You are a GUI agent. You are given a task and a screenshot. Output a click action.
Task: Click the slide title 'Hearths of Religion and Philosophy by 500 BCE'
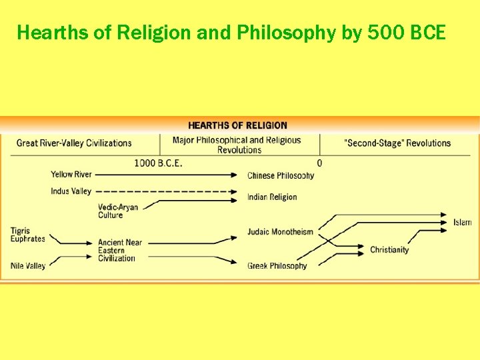click(231, 32)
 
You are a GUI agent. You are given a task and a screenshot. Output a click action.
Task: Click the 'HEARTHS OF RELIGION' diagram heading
click(237, 125)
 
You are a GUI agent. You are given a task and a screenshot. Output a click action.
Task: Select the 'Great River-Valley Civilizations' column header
click(74, 143)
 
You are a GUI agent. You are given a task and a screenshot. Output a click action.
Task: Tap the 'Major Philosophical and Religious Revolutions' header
click(237, 145)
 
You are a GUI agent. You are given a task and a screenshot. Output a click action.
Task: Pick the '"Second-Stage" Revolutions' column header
click(397, 143)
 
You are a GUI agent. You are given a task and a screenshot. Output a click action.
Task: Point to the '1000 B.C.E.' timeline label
click(158, 163)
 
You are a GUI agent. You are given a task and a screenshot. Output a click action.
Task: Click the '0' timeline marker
click(319, 163)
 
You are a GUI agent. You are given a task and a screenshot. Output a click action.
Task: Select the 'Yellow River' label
click(71, 175)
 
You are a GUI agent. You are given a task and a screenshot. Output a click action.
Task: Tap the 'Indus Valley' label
click(71, 191)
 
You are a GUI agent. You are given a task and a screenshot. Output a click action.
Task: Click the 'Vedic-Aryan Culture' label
click(118, 211)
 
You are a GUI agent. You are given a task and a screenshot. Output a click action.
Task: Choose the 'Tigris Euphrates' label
click(28, 235)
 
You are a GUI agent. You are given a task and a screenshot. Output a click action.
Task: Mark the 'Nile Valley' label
click(28, 266)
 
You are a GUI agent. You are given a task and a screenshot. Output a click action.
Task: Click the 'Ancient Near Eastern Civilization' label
click(120, 251)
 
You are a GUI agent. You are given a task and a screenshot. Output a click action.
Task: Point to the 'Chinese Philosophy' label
click(281, 176)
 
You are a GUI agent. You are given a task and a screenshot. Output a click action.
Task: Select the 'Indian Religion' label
click(272, 197)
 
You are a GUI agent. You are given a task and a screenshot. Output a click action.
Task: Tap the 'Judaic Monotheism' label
click(280, 232)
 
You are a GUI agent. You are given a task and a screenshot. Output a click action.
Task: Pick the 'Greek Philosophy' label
click(277, 266)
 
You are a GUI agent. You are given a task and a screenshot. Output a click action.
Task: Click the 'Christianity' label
click(389, 250)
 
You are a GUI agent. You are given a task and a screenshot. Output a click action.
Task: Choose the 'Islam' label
click(463, 223)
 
